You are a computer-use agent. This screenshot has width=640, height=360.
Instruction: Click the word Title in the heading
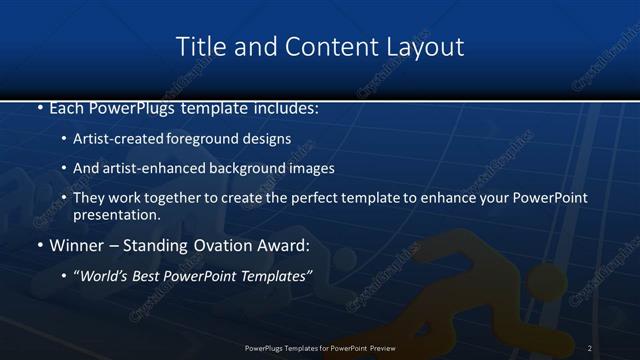pyautogui.click(x=198, y=47)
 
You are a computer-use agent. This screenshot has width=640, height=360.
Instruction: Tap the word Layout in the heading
pyautogui.click(x=426, y=47)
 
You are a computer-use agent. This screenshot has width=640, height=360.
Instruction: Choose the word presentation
pyautogui.click(x=116, y=214)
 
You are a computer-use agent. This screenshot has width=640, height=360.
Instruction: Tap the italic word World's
pyautogui.click(x=104, y=275)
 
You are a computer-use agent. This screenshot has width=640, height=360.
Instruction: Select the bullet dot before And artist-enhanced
pyautogui.click(x=64, y=169)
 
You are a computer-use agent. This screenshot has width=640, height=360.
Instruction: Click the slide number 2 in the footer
pyautogui.click(x=590, y=347)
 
